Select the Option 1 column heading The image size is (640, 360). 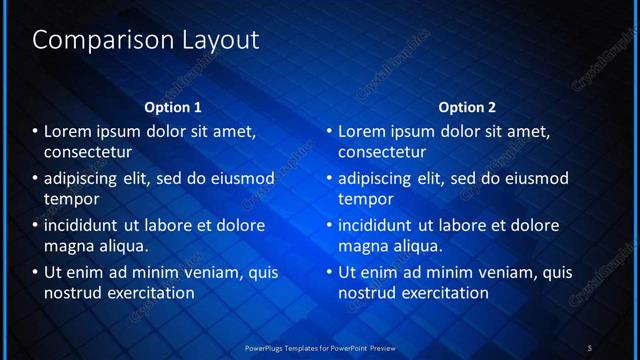(x=173, y=106)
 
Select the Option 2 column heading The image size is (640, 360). (x=467, y=106)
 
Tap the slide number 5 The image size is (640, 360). (x=590, y=347)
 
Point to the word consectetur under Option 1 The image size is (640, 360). (x=89, y=153)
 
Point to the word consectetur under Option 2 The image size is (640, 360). (x=383, y=153)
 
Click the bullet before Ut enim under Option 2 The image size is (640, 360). (x=329, y=272)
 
